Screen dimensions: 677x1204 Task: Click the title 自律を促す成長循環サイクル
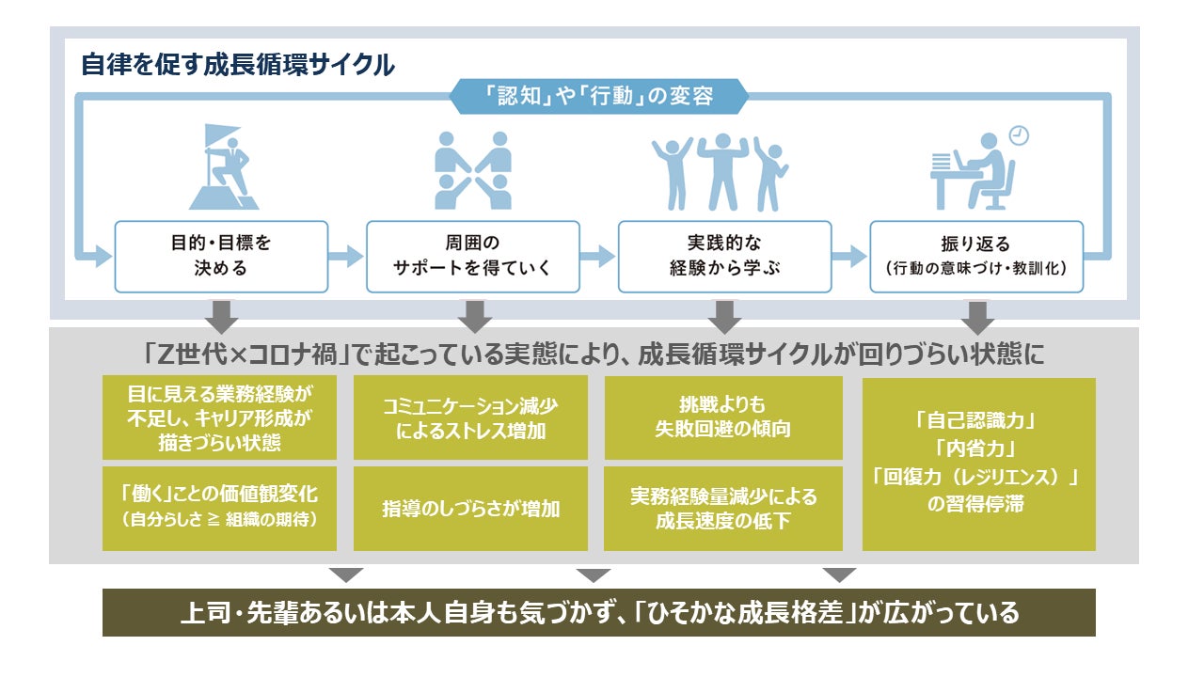[x=237, y=65]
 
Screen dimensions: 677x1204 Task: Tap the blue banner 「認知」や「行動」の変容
[x=598, y=96]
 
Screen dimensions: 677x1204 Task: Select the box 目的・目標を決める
[x=221, y=256]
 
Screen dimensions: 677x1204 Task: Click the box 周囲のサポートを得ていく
[x=472, y=256]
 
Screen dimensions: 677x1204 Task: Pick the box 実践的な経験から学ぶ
[x=724, y=256]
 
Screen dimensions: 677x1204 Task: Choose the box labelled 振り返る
[x=975, y=256]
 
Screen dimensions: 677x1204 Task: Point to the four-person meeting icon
[x=472, y=170]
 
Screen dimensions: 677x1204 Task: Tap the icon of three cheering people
[x=721, y=172]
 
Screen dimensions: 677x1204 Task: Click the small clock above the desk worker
[x=1019, y=135]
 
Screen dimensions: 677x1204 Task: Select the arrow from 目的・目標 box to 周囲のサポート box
[x=347, y=256]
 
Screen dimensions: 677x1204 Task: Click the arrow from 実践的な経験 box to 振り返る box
[x=850, y=256]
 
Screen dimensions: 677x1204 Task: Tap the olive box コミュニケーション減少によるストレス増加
[x=470, y=418]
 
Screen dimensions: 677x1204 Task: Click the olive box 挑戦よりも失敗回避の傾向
[x=722, y=418]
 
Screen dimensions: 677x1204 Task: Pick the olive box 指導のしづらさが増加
[x=470, y=509]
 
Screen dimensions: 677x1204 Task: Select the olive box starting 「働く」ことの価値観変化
[x=219, y=509]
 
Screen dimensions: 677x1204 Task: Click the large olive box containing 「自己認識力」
[x=978, y=464]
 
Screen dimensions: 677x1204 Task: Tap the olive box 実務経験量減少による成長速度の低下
[x=722, y=509]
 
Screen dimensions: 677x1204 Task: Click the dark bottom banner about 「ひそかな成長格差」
[x=598, y=613]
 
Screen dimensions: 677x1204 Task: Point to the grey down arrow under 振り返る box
[x=978, y=316]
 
